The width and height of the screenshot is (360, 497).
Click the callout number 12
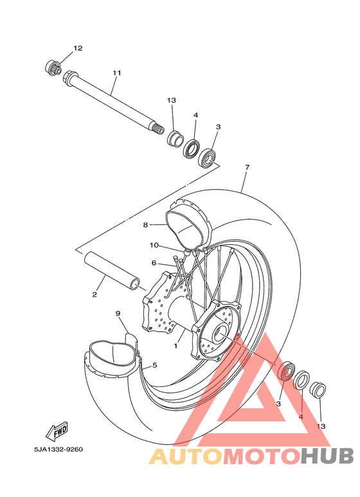(78, 48)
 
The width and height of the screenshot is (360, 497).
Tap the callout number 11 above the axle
(117, 73)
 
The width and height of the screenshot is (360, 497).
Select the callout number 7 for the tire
(248, 167)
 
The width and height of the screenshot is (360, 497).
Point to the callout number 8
(145, 225)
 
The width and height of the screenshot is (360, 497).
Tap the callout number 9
(118, 314)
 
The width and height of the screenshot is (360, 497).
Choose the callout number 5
(155, 365)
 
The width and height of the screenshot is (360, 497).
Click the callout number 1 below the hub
(175, 346)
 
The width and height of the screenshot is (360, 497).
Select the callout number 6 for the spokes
(154, 263)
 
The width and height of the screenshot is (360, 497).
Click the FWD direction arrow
(57, 431)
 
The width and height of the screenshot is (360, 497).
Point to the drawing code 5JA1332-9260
(59, 449)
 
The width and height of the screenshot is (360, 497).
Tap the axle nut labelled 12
(53, 68)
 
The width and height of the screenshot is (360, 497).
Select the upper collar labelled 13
(175, 139)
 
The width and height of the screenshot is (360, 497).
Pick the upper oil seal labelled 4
(192, 149)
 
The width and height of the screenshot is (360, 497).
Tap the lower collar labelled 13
(318, 390)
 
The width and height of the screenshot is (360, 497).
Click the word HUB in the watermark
(327, 456)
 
